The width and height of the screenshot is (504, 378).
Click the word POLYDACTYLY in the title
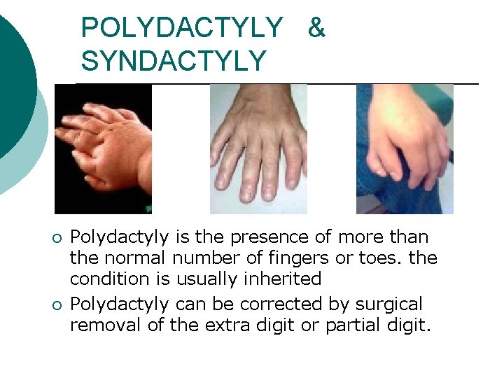point(181,28)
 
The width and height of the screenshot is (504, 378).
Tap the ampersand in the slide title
point(316,28)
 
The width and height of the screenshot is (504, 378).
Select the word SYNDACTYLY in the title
point(173,60)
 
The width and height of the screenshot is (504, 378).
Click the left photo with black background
point(103,148)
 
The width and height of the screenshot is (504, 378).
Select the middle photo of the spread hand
point(258,148)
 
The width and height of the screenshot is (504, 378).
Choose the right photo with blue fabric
point(405,148)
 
